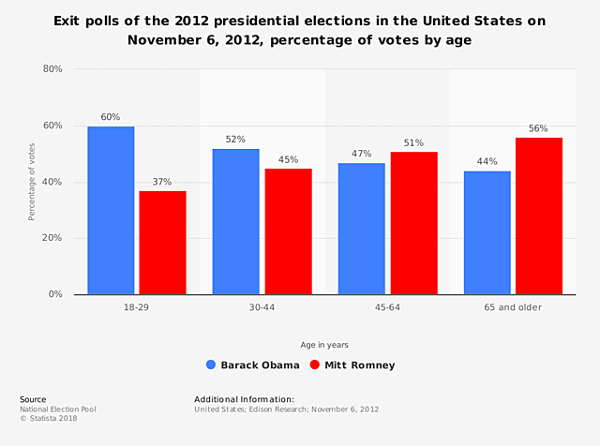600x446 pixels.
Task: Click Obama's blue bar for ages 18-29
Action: click(111, 211)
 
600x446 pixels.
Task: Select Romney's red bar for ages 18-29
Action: click(163, 243)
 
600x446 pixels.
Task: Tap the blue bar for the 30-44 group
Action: click(235, 222)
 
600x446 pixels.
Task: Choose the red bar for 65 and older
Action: click(538, 216)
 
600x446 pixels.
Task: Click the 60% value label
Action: click(111, 117)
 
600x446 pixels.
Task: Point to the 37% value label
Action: click(162, 182)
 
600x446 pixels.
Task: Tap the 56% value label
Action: click(538, 128)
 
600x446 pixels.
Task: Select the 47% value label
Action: click(361, 154)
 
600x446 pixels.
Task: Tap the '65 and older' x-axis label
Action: click(512, 307)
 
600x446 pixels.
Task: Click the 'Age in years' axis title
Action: click(324, 345)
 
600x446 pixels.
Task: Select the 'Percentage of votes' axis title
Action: click(31, 182)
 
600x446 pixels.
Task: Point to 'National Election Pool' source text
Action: click(58, 409)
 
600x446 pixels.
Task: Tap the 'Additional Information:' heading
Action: click(244, 399)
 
